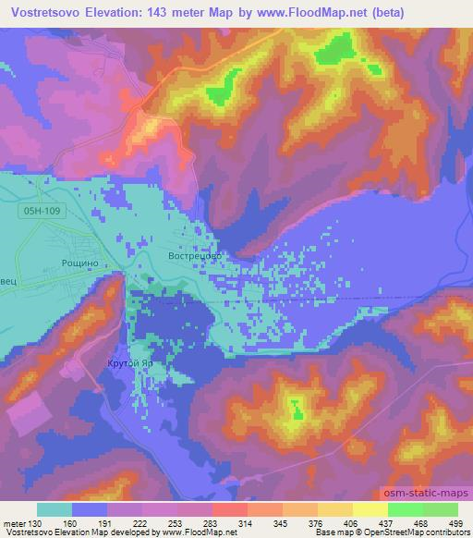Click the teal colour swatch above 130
click(55, 509)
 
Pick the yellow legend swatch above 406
click(370, 509)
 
